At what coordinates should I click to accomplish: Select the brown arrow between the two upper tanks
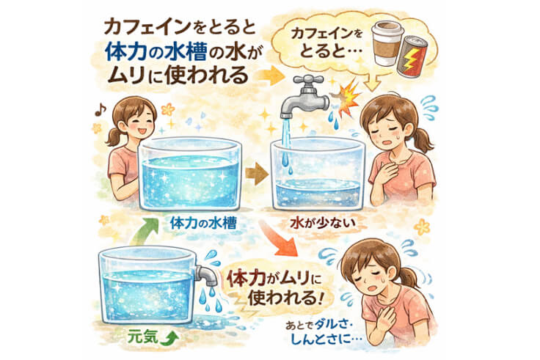click(256, 175)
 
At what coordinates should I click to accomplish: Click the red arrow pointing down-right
click(279, 242)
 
